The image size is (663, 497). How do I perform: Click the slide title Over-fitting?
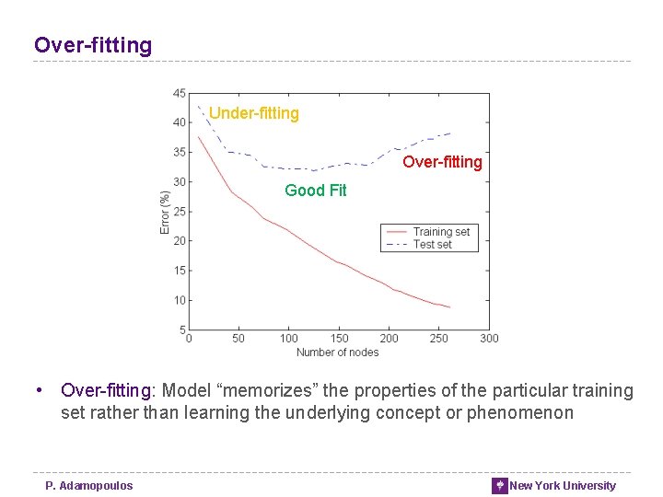click(x=93, y=45)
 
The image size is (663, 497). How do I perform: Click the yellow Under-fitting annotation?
click(x=254, y=113)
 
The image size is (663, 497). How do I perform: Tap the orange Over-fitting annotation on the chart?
click(x=442, y=162)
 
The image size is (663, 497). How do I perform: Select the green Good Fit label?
click(x=316, y=191)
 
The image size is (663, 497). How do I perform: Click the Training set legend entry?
click(x=441, y=232)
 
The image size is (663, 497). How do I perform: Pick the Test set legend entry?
click(x=433, y=244)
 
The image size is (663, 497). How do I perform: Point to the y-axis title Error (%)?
click(x=165, y=212)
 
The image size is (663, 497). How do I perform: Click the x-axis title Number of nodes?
click(x=337, y=353)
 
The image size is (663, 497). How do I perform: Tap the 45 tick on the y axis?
click(x=179, y=93)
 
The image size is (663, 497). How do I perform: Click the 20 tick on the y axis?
click(x=179, y=241)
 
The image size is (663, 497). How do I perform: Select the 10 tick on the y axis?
click(x=179, y=300)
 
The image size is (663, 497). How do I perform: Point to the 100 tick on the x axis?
click(x=288, y=339)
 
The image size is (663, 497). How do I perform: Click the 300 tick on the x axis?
click(x=489, y=339)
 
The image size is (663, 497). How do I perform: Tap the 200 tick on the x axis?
click(x=389, y=339)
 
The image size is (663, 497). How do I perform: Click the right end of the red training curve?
click(x=449, y=307)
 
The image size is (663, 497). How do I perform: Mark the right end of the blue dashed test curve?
click(x=449, y=133)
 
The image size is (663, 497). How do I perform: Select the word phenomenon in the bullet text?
click(x=520, y=413)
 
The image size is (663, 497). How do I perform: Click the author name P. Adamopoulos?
click(x=89, y=486)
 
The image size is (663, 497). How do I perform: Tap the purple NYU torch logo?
click(x=499, y=486)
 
